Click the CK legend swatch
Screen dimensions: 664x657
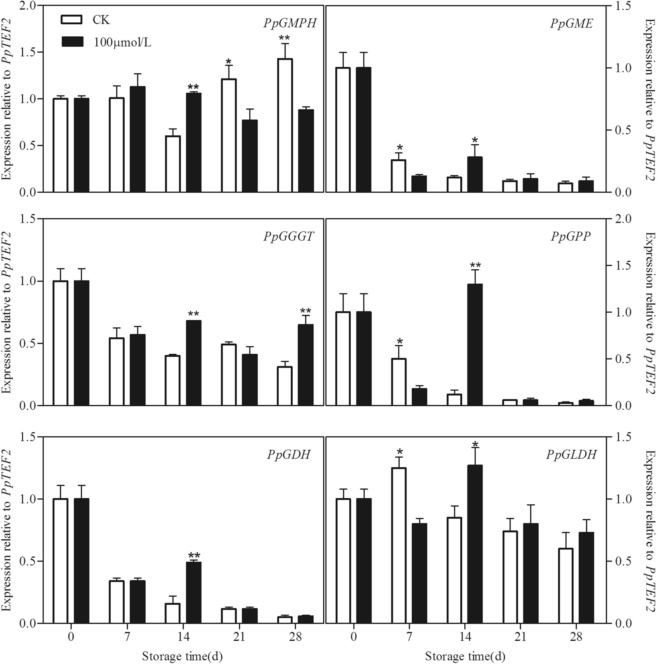[x=72, y=20]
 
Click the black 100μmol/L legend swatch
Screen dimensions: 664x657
[x=72, y=42]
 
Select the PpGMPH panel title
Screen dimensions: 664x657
[x=289, y=24]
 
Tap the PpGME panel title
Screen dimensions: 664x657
[x=571, y=24]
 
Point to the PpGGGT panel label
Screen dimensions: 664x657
[x=288, y=237]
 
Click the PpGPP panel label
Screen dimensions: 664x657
[x=571, y=237]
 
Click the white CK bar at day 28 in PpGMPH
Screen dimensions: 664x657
[x=285, y=125]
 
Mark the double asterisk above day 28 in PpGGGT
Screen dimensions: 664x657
[x=306, y=311]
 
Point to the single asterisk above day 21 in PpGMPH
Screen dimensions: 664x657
[x=229, y=62]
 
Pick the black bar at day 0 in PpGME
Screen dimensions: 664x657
[x=364, y=130]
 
